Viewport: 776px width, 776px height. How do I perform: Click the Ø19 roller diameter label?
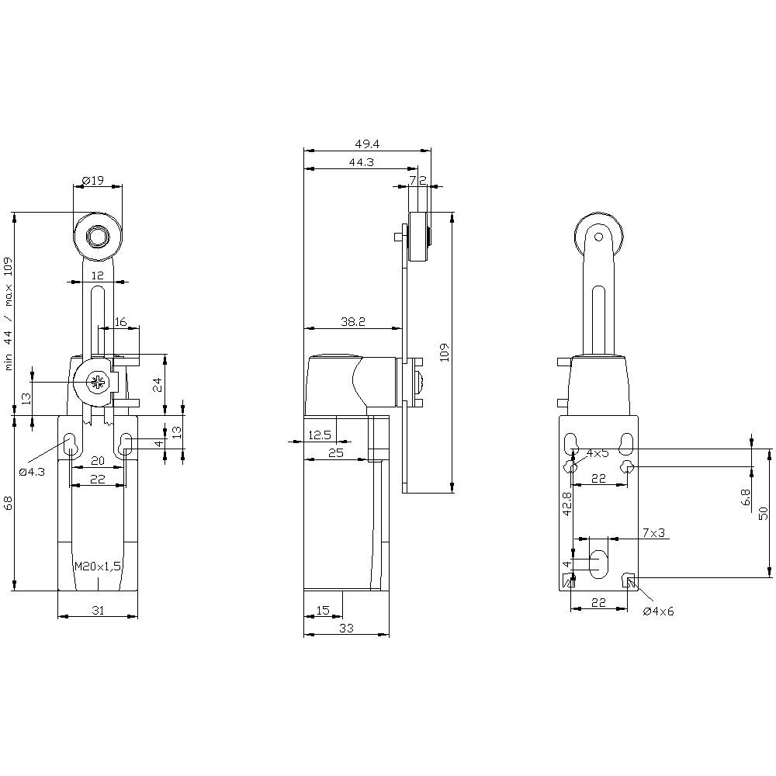[x=92, y=181]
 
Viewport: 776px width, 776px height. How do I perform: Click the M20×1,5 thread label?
[x=98, y=566]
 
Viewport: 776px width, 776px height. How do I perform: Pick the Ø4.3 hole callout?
[x=32, y=471]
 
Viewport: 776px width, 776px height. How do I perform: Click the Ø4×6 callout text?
[x=659, y=611]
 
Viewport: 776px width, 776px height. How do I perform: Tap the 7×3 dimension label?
[x=654, y=532]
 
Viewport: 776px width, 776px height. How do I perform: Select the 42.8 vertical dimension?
[x=566, y=504]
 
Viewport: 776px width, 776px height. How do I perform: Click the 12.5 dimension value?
[x=320, y=435]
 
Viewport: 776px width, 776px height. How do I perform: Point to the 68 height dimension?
[x=9, y=503]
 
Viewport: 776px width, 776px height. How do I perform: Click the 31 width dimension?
[x=98, y=611]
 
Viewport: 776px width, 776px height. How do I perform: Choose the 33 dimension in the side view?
[x=346, y=629]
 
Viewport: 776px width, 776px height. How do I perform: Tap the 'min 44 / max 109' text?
[x=9, y=314]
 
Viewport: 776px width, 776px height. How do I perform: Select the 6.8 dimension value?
[x=746, y=497]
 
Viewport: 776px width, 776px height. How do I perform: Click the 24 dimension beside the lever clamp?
[x=158, y=383]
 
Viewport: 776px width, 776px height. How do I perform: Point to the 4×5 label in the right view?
[x=598, y=453]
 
